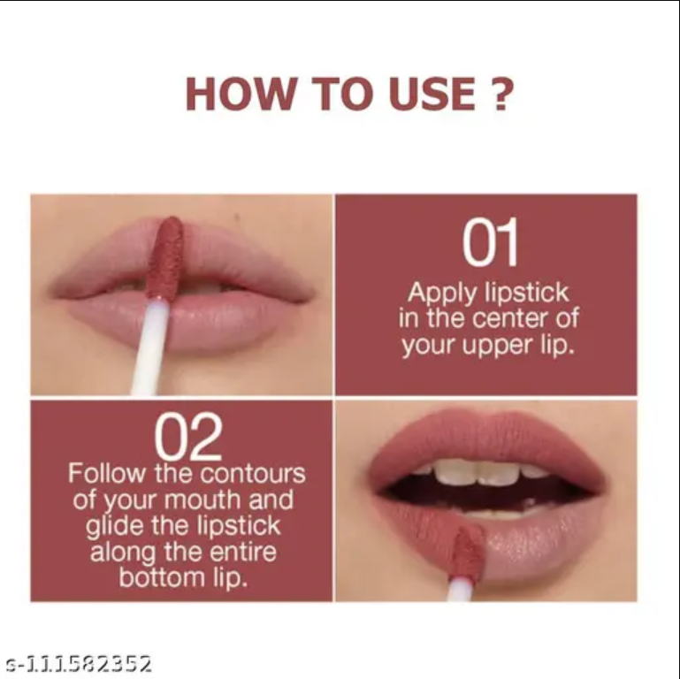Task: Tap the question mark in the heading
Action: [x=500, y=95]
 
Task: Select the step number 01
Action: [x=490, y=245]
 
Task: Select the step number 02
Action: [x=187, y=436]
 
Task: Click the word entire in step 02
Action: [x=239, y=553]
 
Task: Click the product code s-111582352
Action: [x=78, y=663]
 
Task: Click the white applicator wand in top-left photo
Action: [x=150, y=349]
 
